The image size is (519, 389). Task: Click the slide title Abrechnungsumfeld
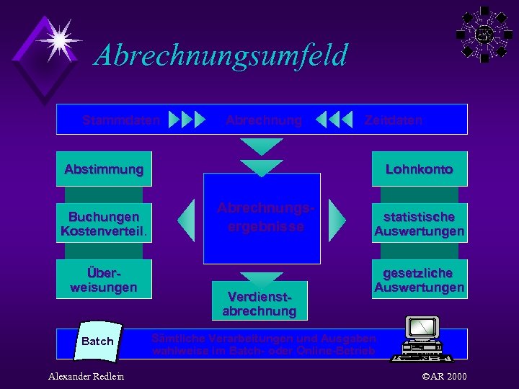221,55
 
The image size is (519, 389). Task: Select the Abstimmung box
104,169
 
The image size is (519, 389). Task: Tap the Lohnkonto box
419,169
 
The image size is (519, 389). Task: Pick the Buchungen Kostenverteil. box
104,223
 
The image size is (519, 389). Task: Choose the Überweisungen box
104,279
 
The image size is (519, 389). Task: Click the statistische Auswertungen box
419,223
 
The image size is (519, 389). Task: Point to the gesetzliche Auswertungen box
419,280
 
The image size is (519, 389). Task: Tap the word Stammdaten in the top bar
120,120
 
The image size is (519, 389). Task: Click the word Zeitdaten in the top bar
393,120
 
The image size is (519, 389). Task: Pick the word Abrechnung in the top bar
263,120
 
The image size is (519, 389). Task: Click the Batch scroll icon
98,341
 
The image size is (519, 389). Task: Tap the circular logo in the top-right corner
484,34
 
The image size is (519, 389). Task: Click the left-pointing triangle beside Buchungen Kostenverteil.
187,219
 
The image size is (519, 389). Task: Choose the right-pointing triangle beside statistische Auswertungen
337,219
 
